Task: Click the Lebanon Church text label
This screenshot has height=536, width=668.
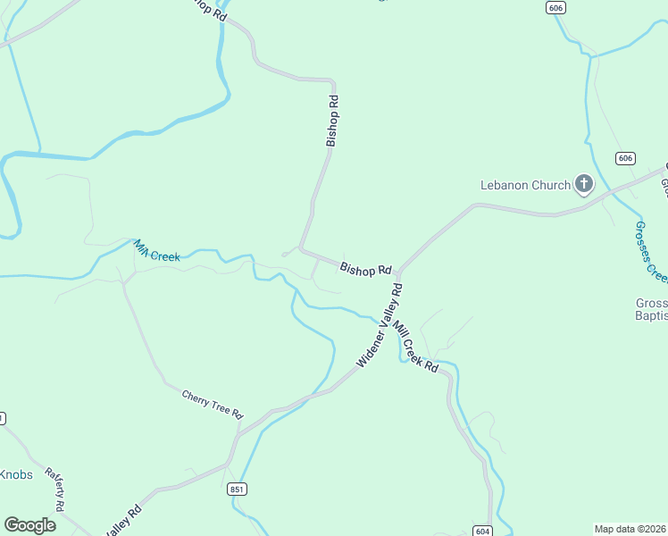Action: point(525,186)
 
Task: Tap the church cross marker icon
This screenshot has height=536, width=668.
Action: point(583,185)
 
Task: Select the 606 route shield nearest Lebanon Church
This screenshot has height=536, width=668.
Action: point(625,158)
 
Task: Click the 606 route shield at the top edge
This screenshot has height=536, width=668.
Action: point(556,7)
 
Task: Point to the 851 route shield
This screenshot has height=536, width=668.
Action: point(237,489)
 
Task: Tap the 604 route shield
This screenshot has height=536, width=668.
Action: point(482,530)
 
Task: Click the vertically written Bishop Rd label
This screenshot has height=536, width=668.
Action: point(332,121)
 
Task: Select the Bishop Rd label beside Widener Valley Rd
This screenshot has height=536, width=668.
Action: point(365,268)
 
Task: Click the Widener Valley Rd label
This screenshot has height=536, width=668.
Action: point(380,326)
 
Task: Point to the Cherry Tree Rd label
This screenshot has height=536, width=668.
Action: point(213,404)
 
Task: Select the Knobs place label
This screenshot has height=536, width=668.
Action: point(16,474)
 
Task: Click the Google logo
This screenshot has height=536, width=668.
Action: point(29,525)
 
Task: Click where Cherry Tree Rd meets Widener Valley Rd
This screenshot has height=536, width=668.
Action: point(239,431)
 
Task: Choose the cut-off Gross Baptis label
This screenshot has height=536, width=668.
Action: point(650,309)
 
